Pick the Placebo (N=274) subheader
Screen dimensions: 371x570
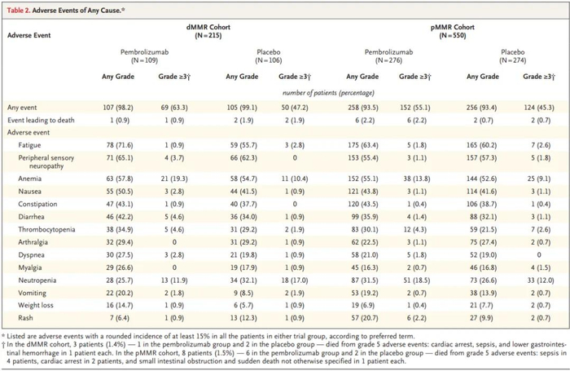pyautogui.click(x=508, y=55)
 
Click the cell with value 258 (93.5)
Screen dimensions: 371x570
pyautogui.click(x=363, y=107)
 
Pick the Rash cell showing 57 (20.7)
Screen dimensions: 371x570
pyautogui.click(x=363, y=315)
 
